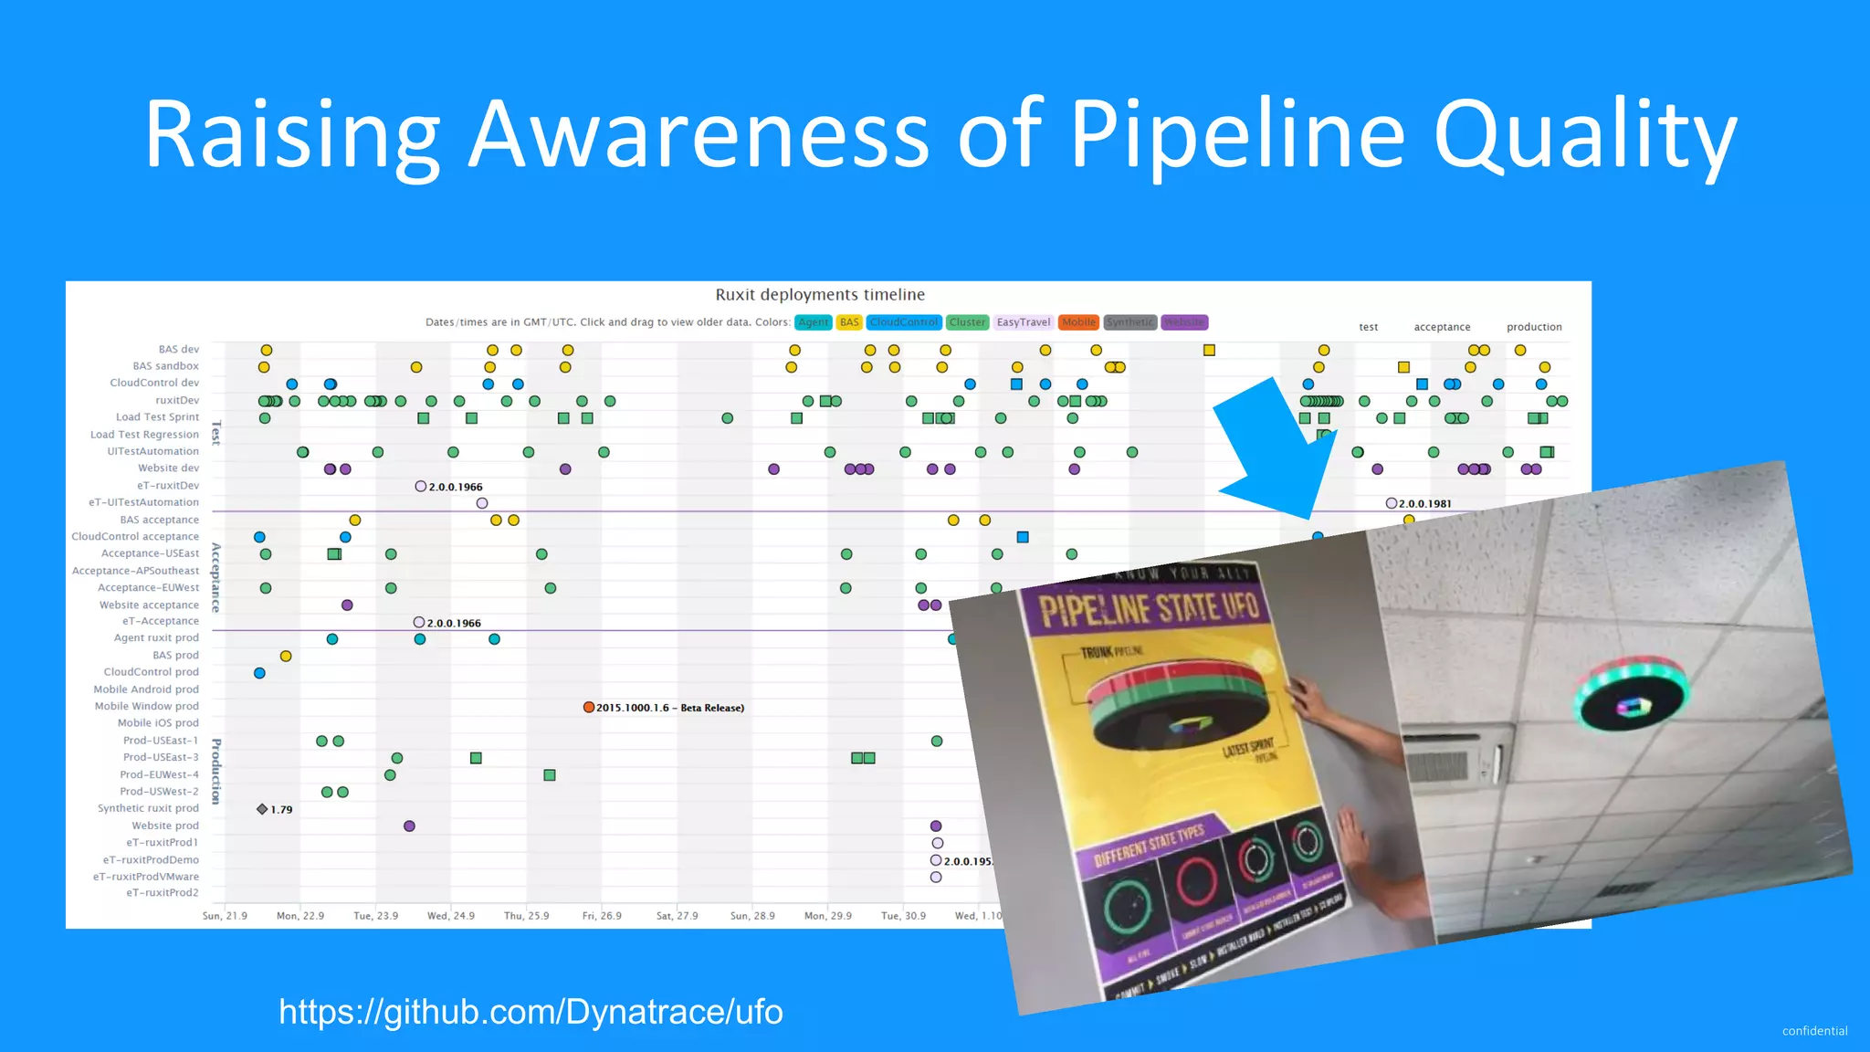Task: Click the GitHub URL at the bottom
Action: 531,1012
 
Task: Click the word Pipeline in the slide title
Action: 1236,135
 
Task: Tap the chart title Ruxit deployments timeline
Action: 820,295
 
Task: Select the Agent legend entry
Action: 813,322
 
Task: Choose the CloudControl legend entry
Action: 903,322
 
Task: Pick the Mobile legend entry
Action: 1078,322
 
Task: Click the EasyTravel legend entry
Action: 1023,322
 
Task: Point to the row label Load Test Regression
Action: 144,435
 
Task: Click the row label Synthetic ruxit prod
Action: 148,808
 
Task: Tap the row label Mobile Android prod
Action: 146,689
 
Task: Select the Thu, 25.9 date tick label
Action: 527,916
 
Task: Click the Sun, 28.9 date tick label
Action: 752,916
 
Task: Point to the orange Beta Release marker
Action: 589,708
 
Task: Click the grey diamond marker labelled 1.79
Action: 262,809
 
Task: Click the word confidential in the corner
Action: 1814,1031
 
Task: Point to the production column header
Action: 1534,327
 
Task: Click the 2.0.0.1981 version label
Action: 1424,504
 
